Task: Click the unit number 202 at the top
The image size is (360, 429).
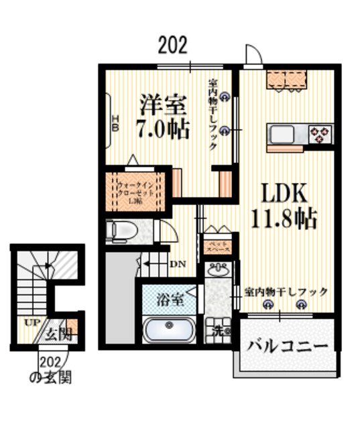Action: tap(172, 46)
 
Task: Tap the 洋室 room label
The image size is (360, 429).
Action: tap(163, 105)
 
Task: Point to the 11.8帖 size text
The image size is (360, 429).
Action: tap(284, 219)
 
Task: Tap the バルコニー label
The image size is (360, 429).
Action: tap(288, 347)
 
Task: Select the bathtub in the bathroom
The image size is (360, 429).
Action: tap(168, 330)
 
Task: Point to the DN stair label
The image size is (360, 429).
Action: tap(177, 263)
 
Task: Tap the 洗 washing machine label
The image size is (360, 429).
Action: tap(219, 330)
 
